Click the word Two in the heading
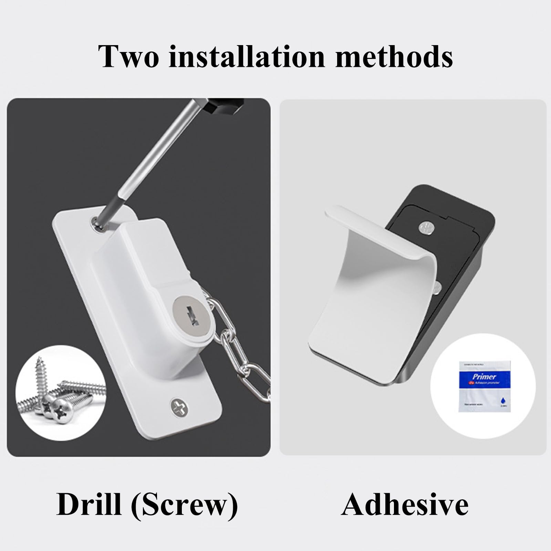tap(129, 56)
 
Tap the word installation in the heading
tap(247, 56)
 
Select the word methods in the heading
tap(394, 56)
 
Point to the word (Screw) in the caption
tap(185, 505)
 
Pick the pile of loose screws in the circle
tap(60, 394)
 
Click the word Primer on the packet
tap(484, 376)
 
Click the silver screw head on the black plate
tap(426, 227)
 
